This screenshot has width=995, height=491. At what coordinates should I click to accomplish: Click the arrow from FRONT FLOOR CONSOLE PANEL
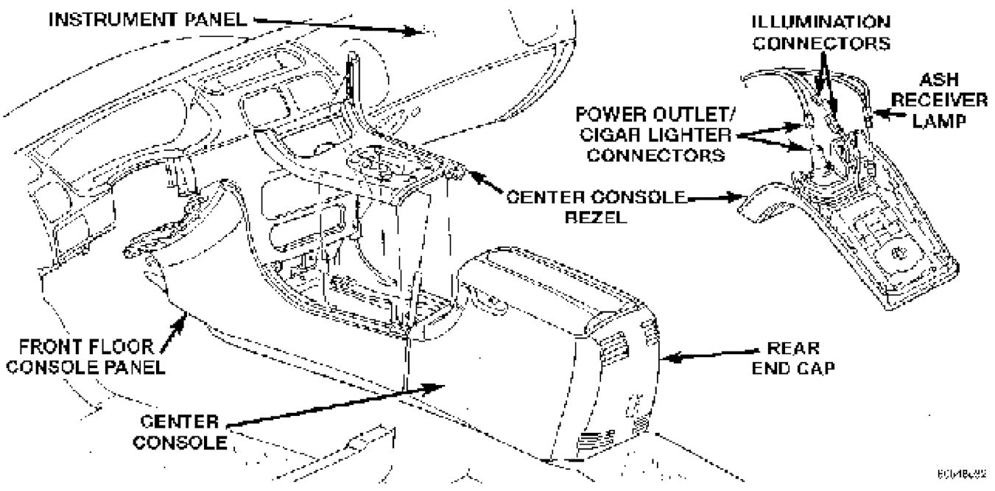175,328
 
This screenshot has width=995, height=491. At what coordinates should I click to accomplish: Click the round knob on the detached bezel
899,254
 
